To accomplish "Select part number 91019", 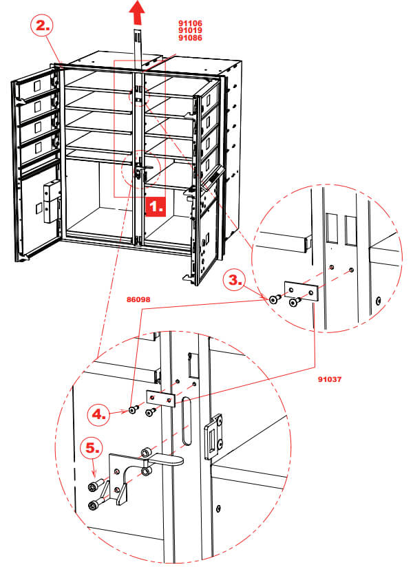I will pyautogui.click(x=190, y=30).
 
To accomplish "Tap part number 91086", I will pyautogui.click(x=190, y=39).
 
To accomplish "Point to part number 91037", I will pyautogui.click(x=330, y=378).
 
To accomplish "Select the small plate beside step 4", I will pyautogui.click(x=160, y=399).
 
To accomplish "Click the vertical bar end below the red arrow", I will pyautogui.click(x=138, y=34).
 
